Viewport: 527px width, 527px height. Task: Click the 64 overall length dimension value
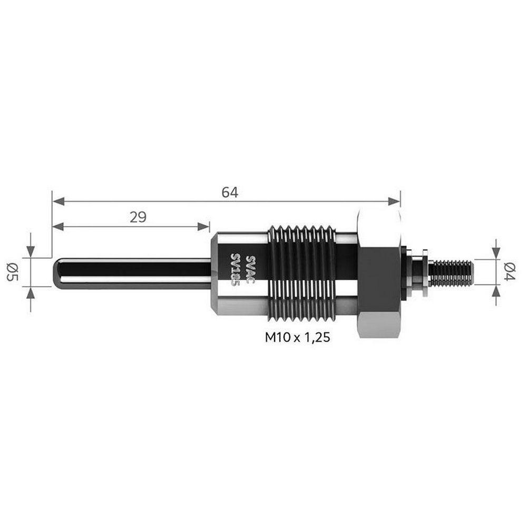click(x=230, y=192)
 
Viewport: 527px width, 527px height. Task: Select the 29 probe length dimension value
click(x=138, y=218)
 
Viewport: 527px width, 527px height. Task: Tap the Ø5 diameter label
click(x=13, y=272)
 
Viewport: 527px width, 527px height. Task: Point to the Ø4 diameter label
click(x=510, y=272)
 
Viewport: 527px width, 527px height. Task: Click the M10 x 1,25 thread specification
click(x=297, y=337)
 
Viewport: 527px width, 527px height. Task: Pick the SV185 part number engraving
click(x=235, y=269)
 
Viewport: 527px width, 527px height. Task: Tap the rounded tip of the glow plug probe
click(x=57, y=272)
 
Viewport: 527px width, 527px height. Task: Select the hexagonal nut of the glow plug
click(x=379, y=272)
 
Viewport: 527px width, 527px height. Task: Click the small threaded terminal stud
click(x=452, y=272)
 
